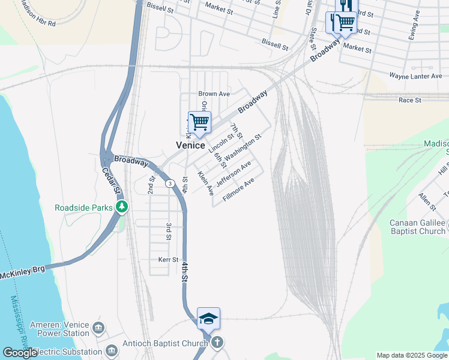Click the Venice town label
tap(190, 145)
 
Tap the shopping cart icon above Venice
tap(199, 122)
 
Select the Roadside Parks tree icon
tap(122, 207)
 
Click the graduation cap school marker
tap(208, 318)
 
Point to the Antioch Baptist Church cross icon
tap(217, 343)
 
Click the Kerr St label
tap(168, 260)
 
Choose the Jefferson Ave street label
tap(234, 173)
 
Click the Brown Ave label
tap(214, 94)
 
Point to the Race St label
tap(410, 100)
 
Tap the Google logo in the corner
tap(20, 353)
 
